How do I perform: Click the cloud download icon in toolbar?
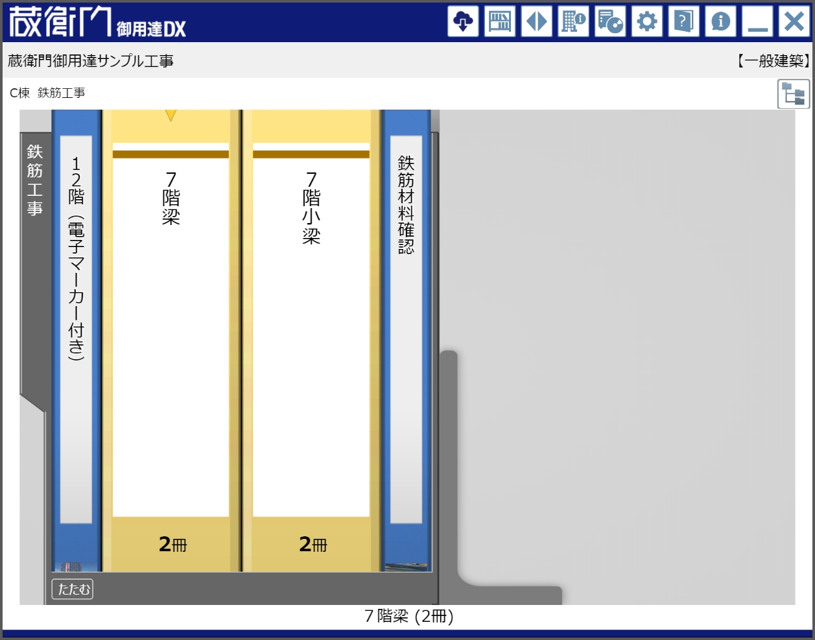463,21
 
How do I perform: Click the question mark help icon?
683,21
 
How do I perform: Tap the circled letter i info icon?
720,21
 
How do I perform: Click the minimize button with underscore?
757,21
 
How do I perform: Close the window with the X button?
794,21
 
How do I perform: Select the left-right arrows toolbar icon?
537,21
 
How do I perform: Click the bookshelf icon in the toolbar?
500,21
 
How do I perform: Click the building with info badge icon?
573,21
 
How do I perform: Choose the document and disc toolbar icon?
610,21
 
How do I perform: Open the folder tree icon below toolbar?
793,94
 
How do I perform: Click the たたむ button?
73,589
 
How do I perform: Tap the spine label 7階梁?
171,198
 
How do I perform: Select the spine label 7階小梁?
311,207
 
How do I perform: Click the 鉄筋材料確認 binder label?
406,204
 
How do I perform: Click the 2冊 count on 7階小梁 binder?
313,544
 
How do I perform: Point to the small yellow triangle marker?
171,115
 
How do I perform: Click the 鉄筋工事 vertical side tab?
35,180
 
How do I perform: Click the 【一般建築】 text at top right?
773,61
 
